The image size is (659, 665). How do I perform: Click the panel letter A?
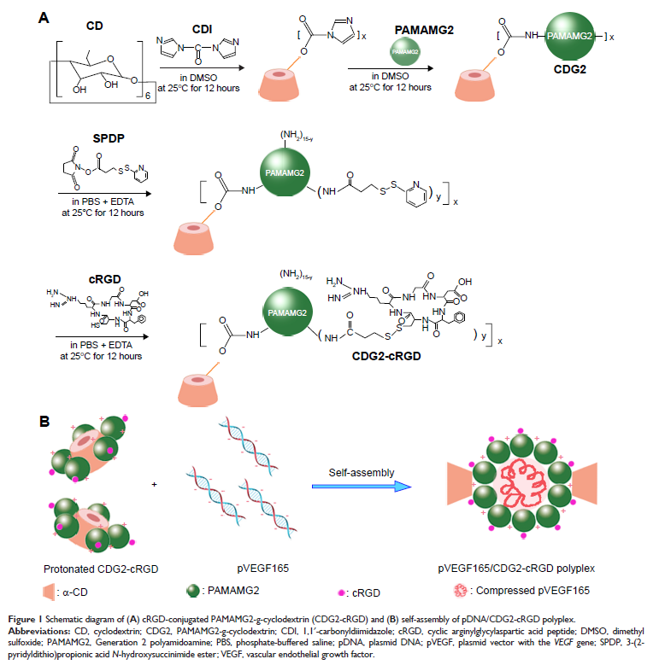[x=44, y=16]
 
